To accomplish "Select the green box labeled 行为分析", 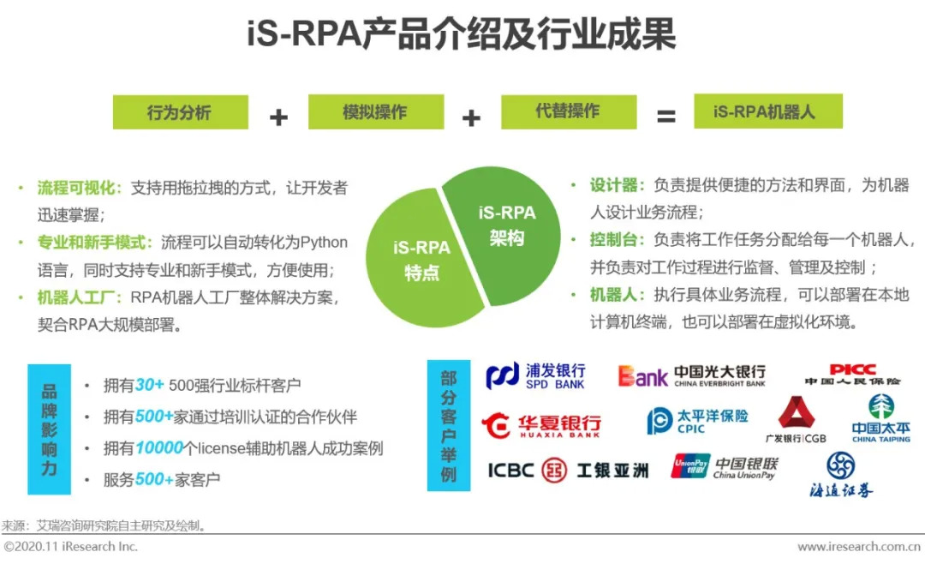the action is tap(180, 112).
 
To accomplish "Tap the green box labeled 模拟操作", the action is tap(374, 112).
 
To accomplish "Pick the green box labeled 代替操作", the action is tap(568, 112).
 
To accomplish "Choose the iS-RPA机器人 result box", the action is tap(767, 111).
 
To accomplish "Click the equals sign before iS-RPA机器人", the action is tap(665, 117).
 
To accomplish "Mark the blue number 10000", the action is tap(159, 447).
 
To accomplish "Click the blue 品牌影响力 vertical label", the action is tap(49, 429).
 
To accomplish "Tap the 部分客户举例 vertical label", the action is tap(449, 425).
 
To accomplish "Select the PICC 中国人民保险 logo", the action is tap(852, 375).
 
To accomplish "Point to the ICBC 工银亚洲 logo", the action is tap(568, 470).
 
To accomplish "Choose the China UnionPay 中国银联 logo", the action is tap(725, 467).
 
